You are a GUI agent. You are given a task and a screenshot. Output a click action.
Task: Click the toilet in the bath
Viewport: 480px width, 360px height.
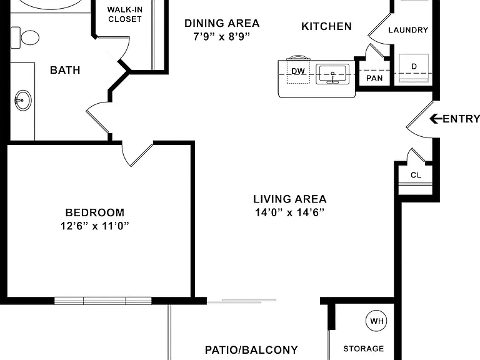pyautogui.click(x=25, y=38)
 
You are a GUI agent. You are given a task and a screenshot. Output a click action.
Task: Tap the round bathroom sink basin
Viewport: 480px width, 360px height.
pyautogui.click(x=23, y=100)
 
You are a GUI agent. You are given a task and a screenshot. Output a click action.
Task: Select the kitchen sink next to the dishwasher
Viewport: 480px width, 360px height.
pyautogui.click(x=332, y=74)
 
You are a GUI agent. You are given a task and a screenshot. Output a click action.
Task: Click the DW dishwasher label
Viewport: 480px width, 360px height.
pyautogui.click(x=298, y=71)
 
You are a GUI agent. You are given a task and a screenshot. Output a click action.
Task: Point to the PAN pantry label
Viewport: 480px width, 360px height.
pyautogui.click(x=374, y=78)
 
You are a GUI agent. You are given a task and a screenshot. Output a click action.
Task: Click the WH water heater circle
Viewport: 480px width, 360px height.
pyautogui.click(x=376, y=321)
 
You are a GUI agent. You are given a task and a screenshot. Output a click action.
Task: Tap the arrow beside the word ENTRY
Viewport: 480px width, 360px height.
pyautogui.click(x=436, y=119)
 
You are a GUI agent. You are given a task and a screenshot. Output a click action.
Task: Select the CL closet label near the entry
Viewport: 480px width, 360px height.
pyautogui.click(x=416, y=175)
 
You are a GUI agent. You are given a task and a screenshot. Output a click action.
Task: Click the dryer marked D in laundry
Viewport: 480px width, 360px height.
pyautogui.click(x=414, y=68)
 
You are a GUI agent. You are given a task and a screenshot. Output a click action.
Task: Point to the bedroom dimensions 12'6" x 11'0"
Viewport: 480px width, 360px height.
pyautogui.click(x=94, y=226)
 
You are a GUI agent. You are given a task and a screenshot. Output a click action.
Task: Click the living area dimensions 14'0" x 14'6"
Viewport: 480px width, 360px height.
pyautogui.click(x=289, y=212)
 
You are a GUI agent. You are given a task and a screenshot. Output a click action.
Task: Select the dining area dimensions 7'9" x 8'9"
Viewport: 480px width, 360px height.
pyautogui.click(x=222, y=36)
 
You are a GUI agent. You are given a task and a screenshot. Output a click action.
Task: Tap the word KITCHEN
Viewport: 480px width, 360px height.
pyautogui.click(x=327, y=26)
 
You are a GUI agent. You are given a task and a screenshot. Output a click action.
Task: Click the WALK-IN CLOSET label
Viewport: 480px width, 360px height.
pyautogui.click(x=125, y=14)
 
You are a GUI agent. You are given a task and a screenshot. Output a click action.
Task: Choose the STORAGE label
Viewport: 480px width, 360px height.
pyautogui.click(x=364, y=349)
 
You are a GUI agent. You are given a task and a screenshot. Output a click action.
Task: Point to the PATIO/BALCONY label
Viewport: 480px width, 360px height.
pyautogui.click(x=251, y=350)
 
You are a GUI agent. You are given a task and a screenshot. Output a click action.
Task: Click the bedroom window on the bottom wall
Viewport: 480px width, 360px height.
pyautogui.click(x=103, y=301)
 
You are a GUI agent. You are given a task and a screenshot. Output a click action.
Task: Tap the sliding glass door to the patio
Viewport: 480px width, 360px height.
pyautogui.click(x=241, y=301)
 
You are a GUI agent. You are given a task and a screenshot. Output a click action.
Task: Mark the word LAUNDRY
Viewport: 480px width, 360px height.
pyautogui.click(x=408, y=30)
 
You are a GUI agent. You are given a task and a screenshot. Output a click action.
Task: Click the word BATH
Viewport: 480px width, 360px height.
pyautogui.click(x=65, y=70)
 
